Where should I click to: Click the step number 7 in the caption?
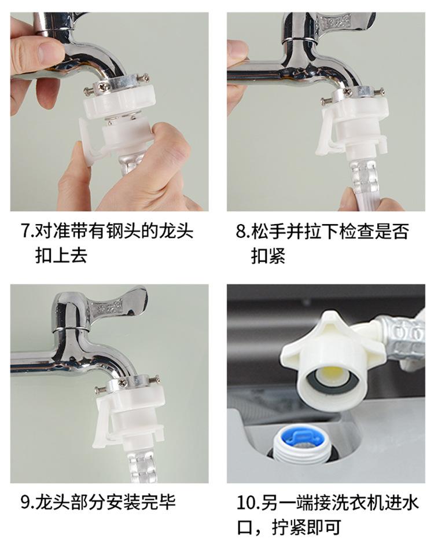click(27, 231)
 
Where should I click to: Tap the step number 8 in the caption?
click(241, 231)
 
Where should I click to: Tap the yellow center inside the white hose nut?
click(333, 378)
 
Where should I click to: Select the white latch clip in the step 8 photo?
click(325, 131)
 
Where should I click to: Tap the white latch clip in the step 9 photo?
click(101, 423)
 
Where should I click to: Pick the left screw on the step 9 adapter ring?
click(101, 390)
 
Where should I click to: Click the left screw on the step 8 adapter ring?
click(326, 101)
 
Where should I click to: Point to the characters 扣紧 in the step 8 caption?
click(268, 256)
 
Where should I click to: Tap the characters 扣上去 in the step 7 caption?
click(61, 255)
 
